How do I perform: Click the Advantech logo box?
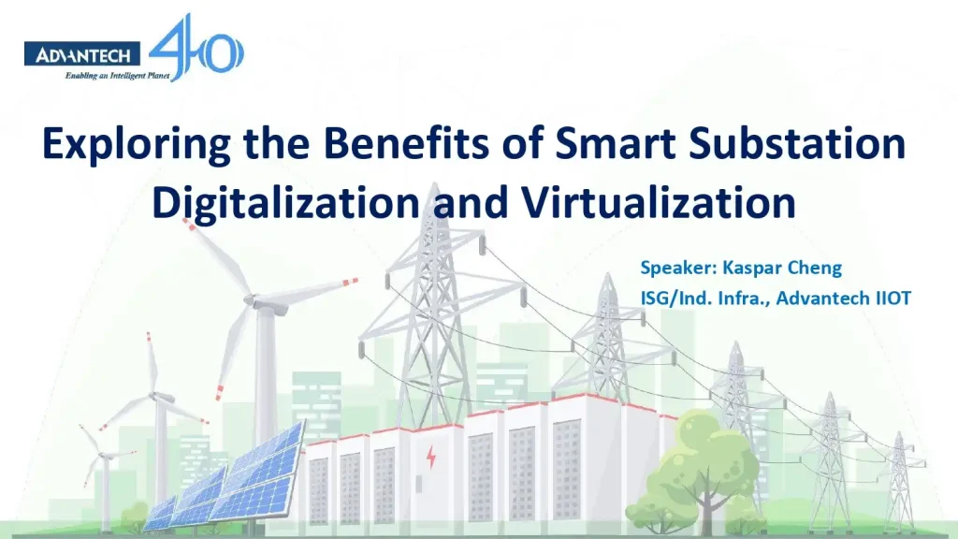[83, 56]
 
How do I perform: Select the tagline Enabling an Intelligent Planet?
[117, 77]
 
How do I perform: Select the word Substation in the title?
[812, 146]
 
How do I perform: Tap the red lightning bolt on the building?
[431, 459]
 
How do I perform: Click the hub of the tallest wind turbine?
[250, 299]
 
